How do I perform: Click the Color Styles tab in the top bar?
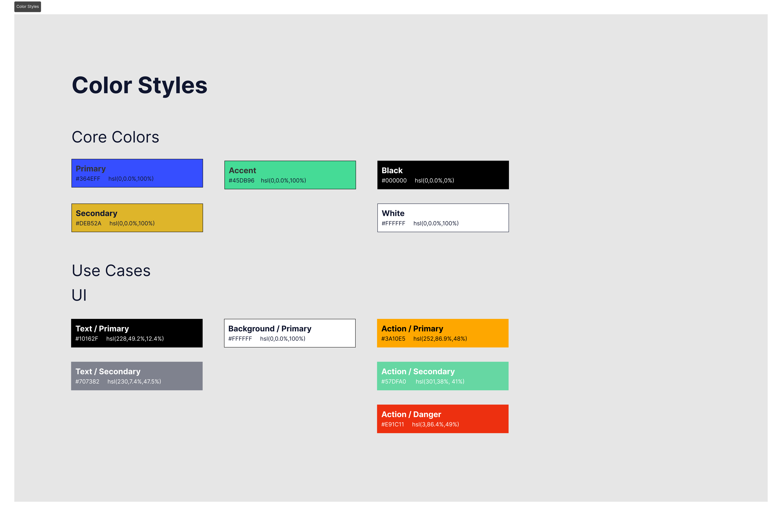click(x=28, y=7)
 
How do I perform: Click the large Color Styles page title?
click(x=140, y=85)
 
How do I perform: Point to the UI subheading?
click(x=79, y=295)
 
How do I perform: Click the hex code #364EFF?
click(x=88, y=179)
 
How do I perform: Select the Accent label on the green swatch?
click(x=242, y=170)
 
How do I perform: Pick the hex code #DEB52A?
click(x=89, y=223)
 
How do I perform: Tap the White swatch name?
click(x=393, y=213)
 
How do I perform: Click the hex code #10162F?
click(x=87, y=339)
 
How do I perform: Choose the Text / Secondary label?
click(x=108, y=372)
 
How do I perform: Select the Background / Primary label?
click(x=270, y=329)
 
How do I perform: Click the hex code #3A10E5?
click(x=393, y=339)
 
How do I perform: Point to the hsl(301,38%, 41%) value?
click(x=440, y=381)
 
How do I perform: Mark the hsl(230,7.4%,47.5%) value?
click(x=134, y=381)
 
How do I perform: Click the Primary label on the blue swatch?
click(x=91, y=169)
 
